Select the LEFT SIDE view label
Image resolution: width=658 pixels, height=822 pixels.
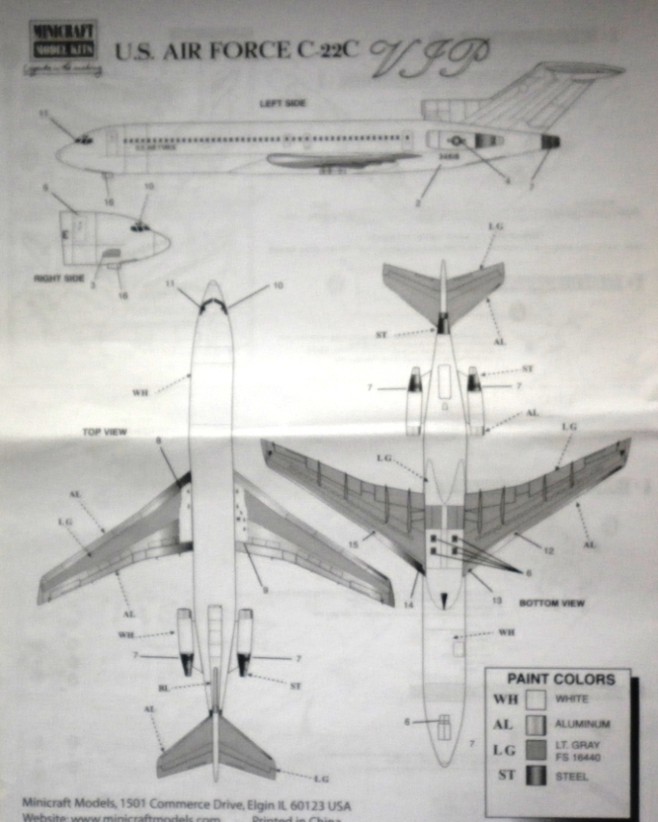[x=282, y=103]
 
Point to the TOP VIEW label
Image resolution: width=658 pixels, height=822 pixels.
[x=104, y=432]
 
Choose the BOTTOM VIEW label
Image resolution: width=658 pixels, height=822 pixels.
[x=551, y=602]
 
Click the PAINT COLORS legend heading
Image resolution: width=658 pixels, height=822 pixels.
[x=559, y=679]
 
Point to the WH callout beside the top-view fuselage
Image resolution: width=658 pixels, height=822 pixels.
[x=140, y=393]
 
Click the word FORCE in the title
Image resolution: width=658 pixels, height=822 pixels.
[x=250, y=51]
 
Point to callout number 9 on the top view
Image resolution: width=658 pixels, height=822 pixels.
[x=266, y=590]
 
